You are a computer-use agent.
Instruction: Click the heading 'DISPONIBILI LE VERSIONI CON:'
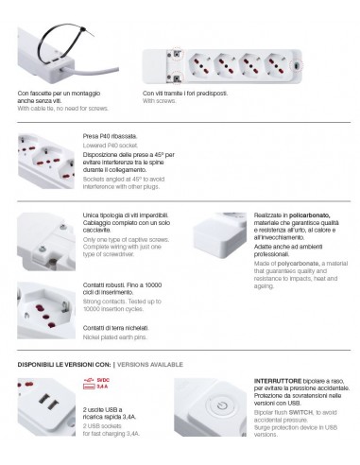point(63,364)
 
